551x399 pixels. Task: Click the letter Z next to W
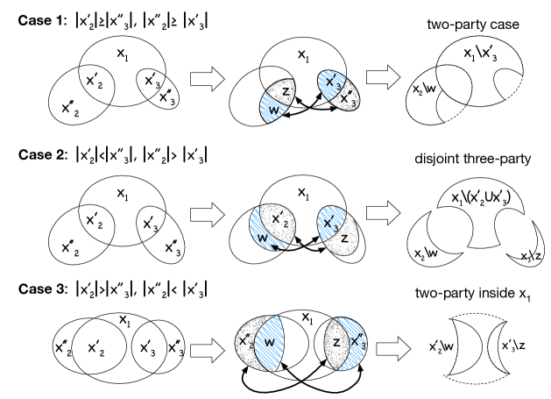(286, 91)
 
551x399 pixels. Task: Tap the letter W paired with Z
(273, 110)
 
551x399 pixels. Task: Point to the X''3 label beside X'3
(347, 99)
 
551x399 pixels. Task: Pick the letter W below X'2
(262, 238)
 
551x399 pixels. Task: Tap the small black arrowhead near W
(278, 249)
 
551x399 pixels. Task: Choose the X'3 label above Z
(330, 224)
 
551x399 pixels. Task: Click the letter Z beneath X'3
(344, 239)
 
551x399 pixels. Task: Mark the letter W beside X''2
(270, 343)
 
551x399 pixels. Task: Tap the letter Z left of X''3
(336, 342)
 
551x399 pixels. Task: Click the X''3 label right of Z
(357, 342)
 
